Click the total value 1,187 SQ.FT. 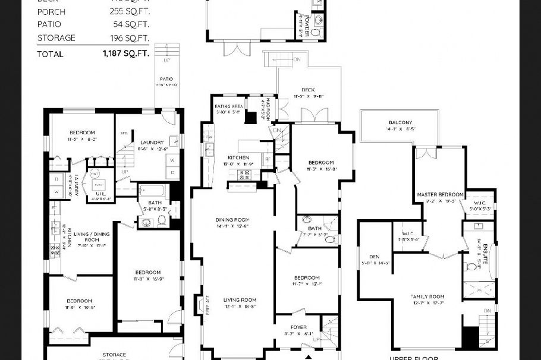pyautogui.click(x=125, y=54)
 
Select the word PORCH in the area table pyautogui.click(x=52, y=11)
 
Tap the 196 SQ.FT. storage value pyautogui.click(x=129, y=38)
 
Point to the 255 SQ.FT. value pyautogui.click(x=129, y=11)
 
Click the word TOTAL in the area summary pyautogui.click(x=50, y=54)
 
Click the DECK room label pyautogui.click(x=308, y=90)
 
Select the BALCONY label pyautogui.click(x=400, y=122)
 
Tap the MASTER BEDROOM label pyautogui.click(x=440, y=194)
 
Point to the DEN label pyautogui.click(x=374, y=257)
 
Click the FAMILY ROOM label pyautogui.click(x=428, y=296)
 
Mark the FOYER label pyautogui.click(x=298, y=327)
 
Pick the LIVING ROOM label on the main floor pyautogui.click(x=240, y=300)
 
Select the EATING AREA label pyautogui.click(x=228, y=106)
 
